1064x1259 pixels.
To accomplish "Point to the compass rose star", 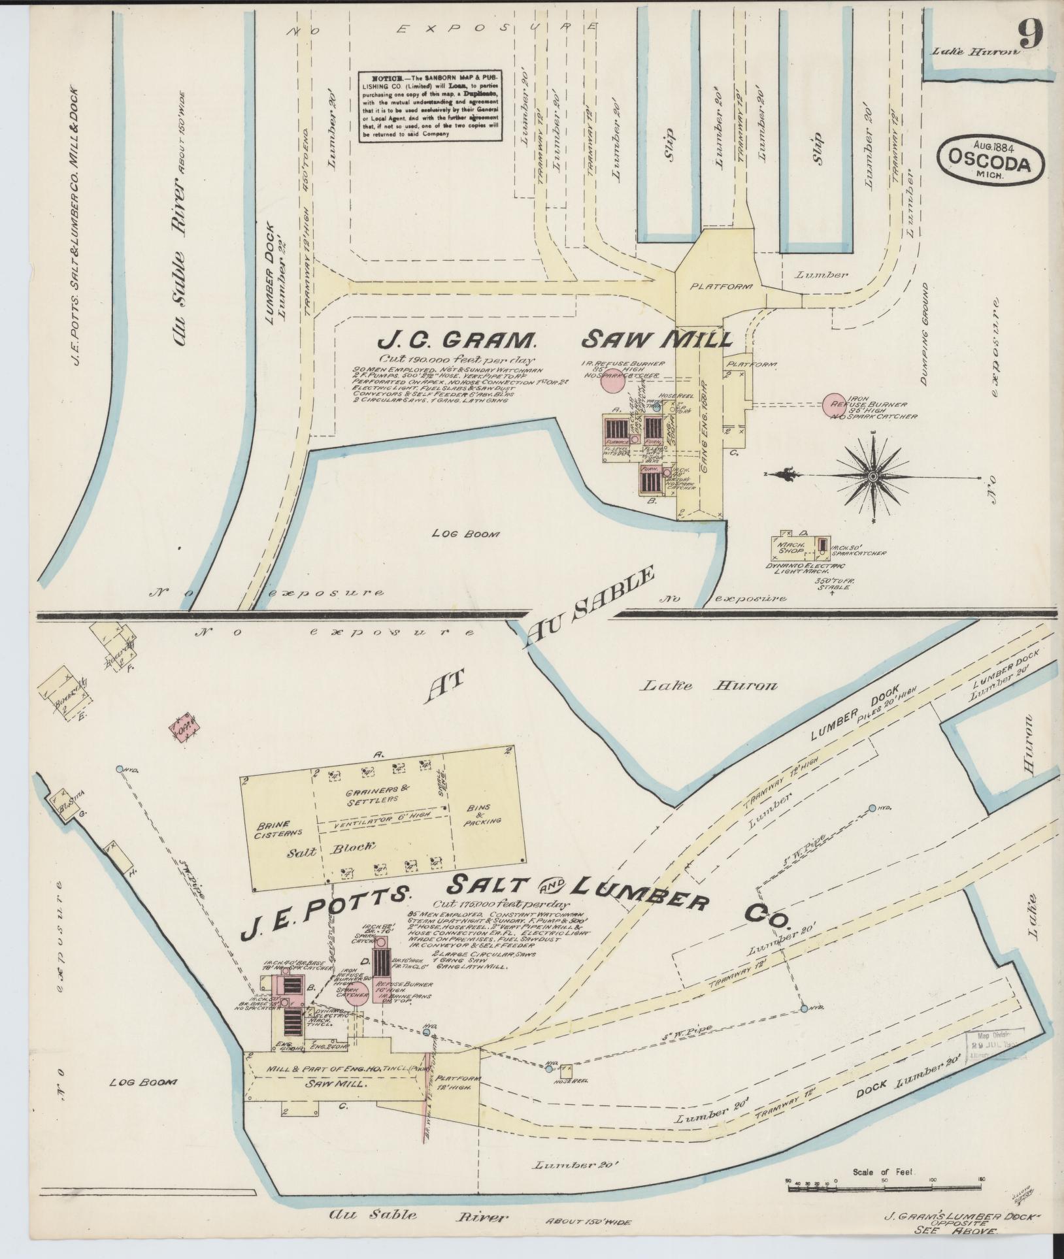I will click(873, 476).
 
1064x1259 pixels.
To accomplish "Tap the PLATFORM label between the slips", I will click(722, 286).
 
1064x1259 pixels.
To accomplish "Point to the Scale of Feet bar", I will click(886, 1186).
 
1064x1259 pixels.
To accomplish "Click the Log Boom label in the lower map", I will click(143, 1083).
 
